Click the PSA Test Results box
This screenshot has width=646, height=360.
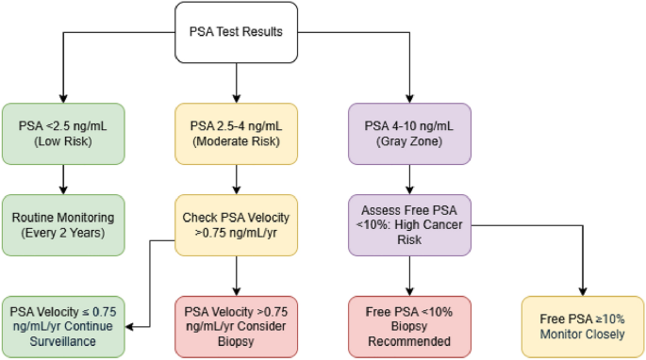236,33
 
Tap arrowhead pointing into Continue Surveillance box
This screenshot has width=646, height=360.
128,327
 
